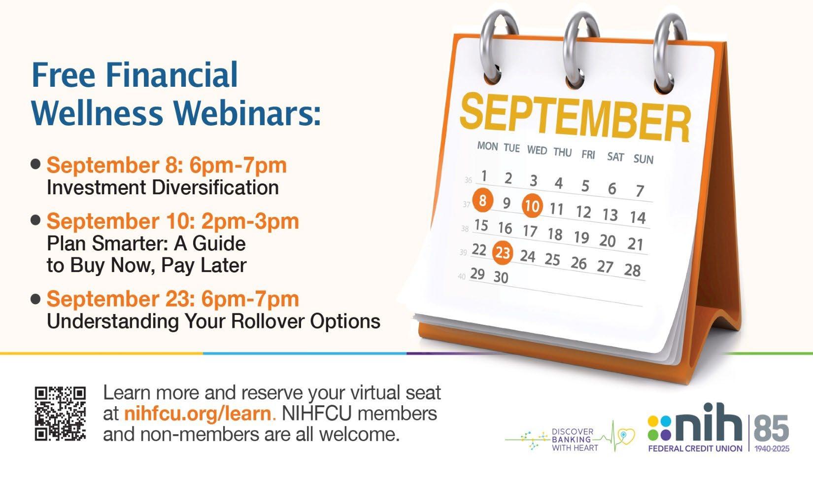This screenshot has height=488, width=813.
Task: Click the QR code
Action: (60, 414)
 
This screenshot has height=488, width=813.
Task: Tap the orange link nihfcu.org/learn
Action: (198, 414)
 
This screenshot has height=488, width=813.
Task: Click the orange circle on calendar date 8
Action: (483, 200)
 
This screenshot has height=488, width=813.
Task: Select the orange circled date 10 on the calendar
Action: (532, 206)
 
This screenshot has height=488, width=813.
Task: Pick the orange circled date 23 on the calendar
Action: (503, 252)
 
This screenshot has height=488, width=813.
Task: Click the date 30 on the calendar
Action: (501, 278)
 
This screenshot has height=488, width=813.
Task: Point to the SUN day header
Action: (644, 159)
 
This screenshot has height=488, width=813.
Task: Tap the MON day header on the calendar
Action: (487, 146)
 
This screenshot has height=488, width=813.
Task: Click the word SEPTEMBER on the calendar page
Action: (575, 117)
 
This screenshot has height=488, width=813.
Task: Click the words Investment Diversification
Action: (163, 188)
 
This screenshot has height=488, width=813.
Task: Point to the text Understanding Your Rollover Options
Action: (213, 321)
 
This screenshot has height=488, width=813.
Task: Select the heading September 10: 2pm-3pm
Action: (173, 221)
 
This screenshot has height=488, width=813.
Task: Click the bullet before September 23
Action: (35, 299)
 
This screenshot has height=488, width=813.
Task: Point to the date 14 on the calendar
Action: (638, 217)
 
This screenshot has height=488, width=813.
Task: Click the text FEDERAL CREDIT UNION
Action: (695, 449)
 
